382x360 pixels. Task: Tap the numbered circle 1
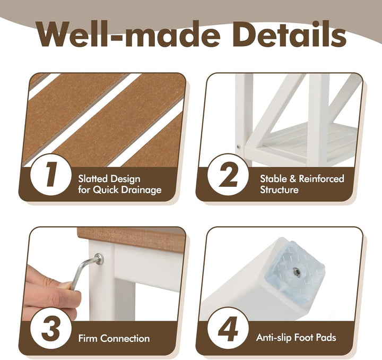click(51, 174)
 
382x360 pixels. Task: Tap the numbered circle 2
click(228, 174)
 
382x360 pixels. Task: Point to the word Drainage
click(141, 190)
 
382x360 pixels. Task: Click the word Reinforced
click(322, 178)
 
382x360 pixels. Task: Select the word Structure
click(279, 190)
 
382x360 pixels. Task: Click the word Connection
click(125, 338)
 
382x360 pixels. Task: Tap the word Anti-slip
click(274, 338)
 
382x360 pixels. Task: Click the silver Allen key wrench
click(84, 272)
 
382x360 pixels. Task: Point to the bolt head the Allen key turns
click(99, 259)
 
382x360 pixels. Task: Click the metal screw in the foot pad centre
click(296, 270)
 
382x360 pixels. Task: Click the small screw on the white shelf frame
click(239, 147)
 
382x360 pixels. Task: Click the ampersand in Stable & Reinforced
click(292, 179)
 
